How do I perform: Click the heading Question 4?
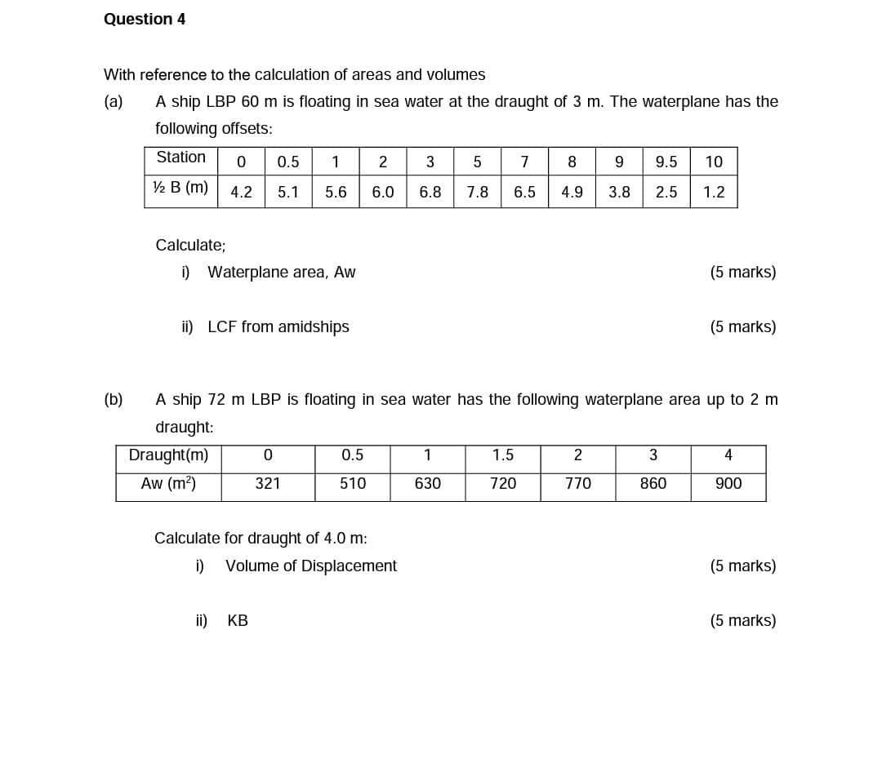(145, 19)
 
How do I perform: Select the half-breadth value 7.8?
(478, 193)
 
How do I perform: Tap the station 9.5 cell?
(666, 162)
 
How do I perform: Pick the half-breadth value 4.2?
(241, 193)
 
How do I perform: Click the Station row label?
(180, 157)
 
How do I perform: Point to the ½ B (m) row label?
(180, 188)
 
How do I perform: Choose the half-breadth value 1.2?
(714, 193)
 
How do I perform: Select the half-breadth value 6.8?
(430, 193)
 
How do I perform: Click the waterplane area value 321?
(267, 484)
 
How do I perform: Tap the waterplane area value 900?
(728, 484)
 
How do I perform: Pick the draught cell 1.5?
(503, 455)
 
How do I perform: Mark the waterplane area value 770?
(578, 484)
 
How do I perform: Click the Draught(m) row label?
(168, 455)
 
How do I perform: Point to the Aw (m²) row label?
(168, 483)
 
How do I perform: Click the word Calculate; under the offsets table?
(190, 245)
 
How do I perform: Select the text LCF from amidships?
(278, 327)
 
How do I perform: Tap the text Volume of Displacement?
(311, 566)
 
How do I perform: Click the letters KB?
(238, 621)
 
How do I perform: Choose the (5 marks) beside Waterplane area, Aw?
(743, 273)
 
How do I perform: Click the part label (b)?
(114, 400)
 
